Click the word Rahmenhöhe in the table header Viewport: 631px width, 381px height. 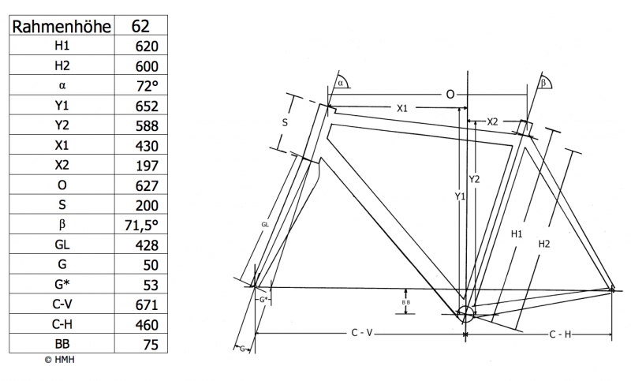point(62,27)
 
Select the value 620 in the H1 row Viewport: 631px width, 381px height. point(147,47)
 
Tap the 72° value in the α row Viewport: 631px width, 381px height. point(147,86)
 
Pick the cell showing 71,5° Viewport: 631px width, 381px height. point(141,226)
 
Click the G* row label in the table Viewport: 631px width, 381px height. point(62,284)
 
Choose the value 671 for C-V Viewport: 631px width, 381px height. point(147,305)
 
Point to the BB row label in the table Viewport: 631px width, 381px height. point(62,344)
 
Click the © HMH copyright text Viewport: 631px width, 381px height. point(60,360)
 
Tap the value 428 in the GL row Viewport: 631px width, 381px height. point(147,245)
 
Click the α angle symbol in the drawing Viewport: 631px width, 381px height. point(341,83)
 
